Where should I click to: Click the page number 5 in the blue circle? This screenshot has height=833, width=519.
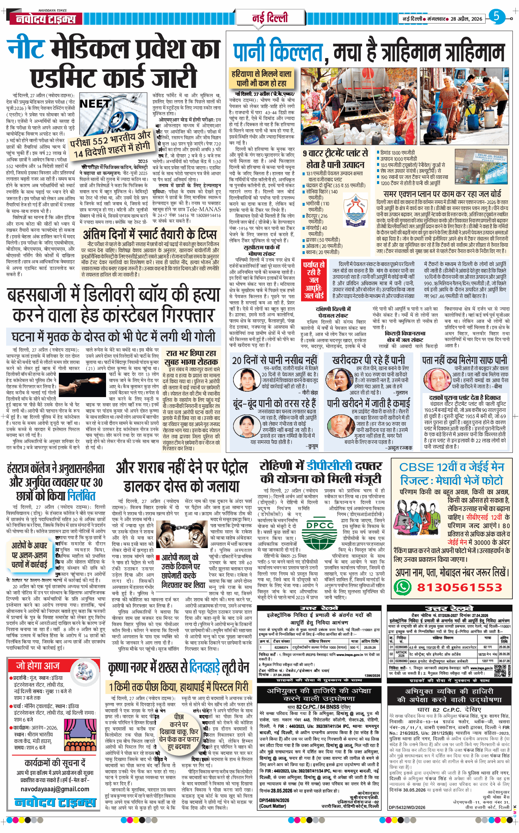click(496, 16)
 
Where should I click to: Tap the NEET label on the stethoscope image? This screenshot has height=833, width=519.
click(94, 104)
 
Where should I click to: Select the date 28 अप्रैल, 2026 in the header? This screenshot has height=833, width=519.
click(466, 19)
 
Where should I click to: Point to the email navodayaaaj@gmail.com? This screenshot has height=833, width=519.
click(54, 789)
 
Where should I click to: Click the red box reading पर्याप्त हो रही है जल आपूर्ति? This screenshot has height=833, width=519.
click(315, 280)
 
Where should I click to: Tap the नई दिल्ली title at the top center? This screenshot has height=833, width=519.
click(270, 18)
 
